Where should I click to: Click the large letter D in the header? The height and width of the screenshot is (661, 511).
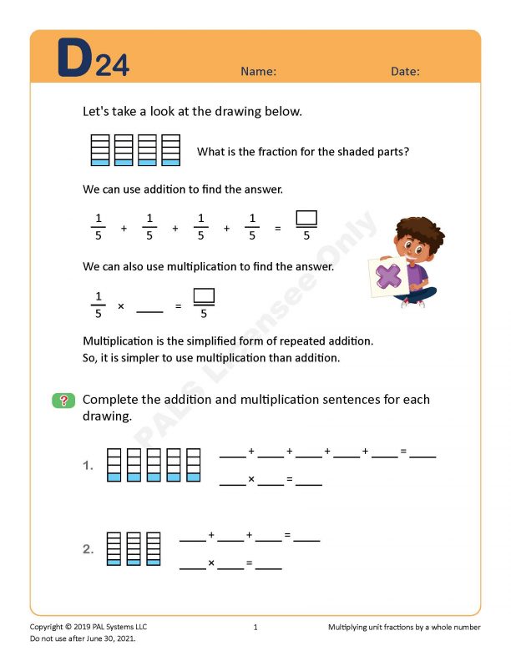point(74,59)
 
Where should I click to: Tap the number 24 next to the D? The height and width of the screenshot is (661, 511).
point(112,67)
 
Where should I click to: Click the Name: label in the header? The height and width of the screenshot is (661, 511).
point(258,72)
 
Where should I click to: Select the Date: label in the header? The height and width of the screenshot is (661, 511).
point(405,72)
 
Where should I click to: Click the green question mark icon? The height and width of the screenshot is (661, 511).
point(63,401)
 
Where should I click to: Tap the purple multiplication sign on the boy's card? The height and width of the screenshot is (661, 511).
point(388,275)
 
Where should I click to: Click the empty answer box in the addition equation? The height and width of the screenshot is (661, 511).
point(306,219)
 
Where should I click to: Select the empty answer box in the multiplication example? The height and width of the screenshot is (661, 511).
point(204,295)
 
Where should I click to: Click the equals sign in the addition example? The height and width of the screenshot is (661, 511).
point(278,228)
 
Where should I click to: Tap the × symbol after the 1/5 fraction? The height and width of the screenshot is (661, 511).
point(120,306)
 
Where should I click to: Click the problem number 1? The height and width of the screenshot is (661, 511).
point(88,467)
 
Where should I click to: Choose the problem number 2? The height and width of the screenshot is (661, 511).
point(88,549)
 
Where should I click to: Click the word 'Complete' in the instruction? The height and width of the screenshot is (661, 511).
point(110,400)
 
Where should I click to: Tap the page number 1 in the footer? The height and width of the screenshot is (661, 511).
point(255,627)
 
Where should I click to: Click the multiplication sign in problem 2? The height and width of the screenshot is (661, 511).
point(211,563)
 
